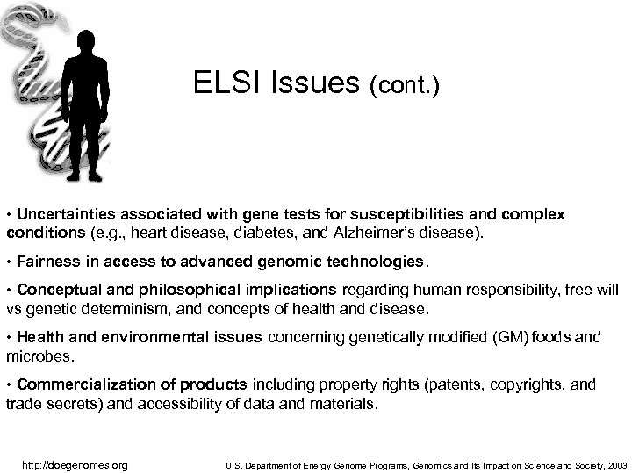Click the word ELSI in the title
point(218,84)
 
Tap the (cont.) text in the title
point(405,86)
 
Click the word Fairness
point(44,262)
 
